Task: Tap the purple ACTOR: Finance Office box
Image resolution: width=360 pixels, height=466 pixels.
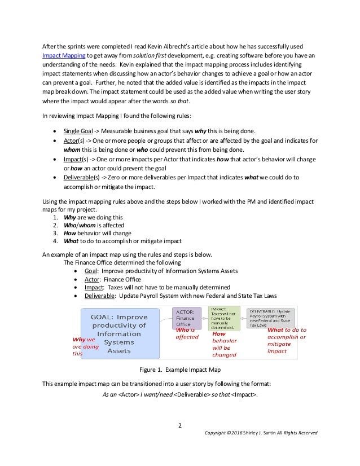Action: point(186,318)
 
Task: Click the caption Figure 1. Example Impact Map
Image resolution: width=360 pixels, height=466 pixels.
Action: point(179,370)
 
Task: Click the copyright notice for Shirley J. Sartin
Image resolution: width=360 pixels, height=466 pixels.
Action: point(263,433)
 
